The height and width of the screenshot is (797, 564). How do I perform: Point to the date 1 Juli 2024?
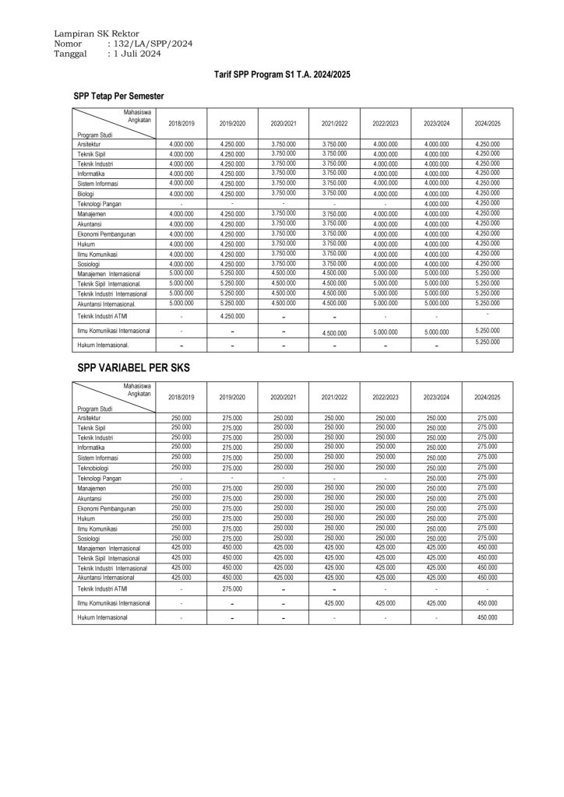pyautogui.click(x=137, y=55)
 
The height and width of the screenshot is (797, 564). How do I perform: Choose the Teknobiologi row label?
pyautogui.click(x=94, y=469)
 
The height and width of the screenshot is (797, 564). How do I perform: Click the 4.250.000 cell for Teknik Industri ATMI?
pyautogui.click(x=231, y=316)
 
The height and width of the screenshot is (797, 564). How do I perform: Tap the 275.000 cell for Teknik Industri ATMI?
pyautogui.click(x=231, y=589)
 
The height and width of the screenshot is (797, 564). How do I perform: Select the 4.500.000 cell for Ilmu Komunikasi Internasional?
pyautogui.click(x=333, y=332)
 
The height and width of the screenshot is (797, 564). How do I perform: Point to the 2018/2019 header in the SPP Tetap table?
pyautogui.click(x=181, y=124)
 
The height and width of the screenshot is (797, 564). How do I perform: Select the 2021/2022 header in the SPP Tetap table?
pyautogui.click(x=333, y=124)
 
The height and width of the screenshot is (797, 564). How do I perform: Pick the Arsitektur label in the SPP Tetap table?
pyautogui.click(x=89, y=145)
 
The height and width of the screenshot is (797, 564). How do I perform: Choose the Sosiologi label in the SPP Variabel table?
pyautogui.click(x=89, y=538)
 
